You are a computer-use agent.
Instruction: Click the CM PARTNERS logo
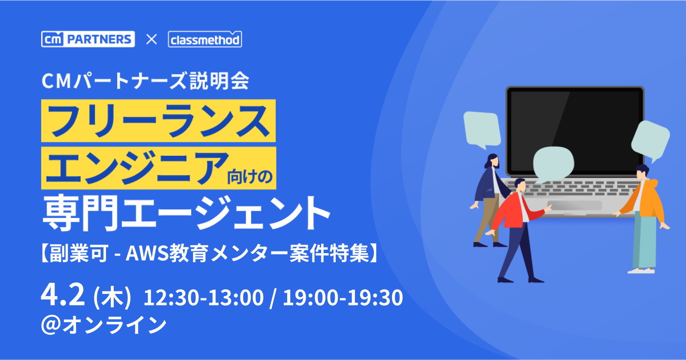88,39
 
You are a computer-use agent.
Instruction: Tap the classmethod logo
205,39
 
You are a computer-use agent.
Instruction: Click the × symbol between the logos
151,39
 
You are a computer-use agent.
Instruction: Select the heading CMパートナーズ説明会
145,81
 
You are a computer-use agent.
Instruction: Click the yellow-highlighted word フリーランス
158,121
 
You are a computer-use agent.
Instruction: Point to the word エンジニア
137,168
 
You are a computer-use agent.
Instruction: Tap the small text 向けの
250,177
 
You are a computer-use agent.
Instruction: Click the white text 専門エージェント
186,213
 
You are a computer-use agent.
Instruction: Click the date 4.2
63,294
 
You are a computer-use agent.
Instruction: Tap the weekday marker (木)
112,297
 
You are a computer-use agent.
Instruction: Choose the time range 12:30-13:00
203,297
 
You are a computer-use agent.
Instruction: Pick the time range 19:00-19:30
343,297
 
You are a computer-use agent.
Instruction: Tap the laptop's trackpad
574,206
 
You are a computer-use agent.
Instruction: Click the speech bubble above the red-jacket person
553,163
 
